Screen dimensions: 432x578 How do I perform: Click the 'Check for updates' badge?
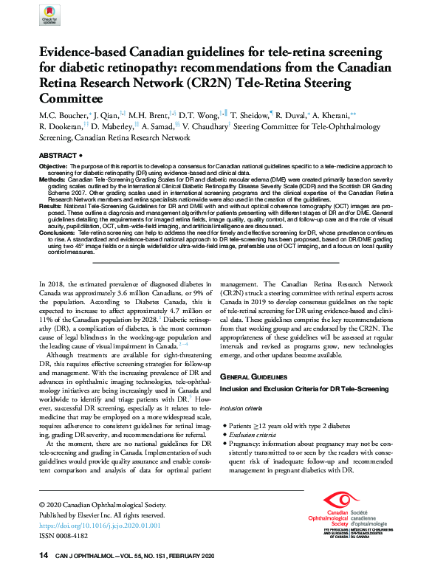49,16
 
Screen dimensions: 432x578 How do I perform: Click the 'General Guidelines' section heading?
253,377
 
